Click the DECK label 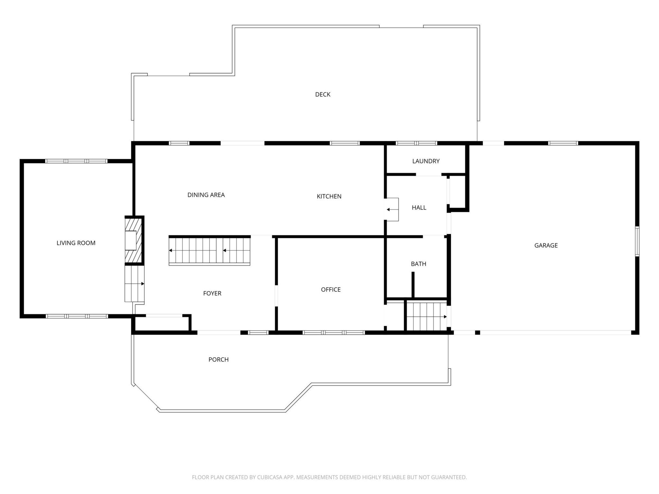coord(323,94)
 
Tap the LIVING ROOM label coord(76,243)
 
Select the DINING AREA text coord(206,195)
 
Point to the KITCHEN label coord(329,197)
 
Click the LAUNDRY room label coord(426,161)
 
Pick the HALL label coord(419,208)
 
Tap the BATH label coord(418,264)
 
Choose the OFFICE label coord(331,290)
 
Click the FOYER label coord(212,293)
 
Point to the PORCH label coord(218,360)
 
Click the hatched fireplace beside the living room coord(134,240)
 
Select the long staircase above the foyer coord(209,251)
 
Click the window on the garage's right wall coord(637,241)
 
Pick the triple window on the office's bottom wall coord(334,333)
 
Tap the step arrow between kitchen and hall coord(392,210)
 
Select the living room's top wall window coord(76,161)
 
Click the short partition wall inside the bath coord(413,285)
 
